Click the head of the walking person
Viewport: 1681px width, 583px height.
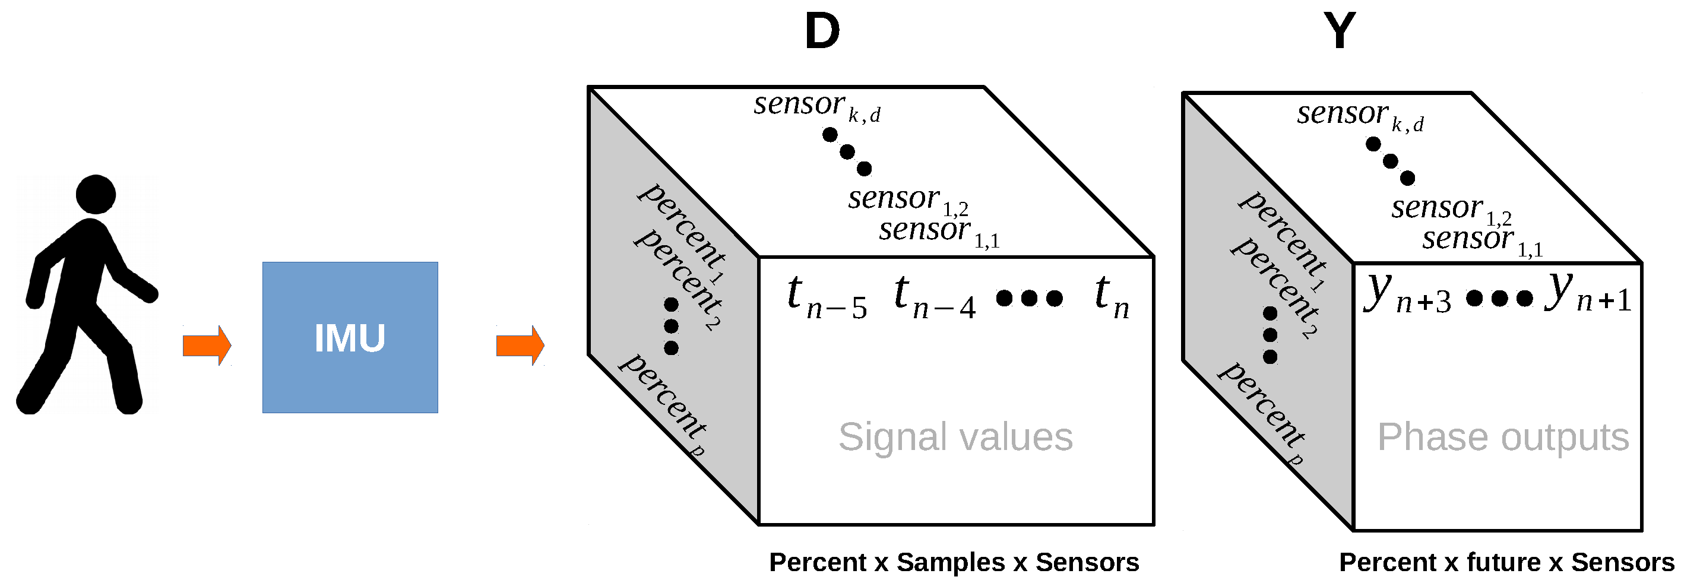96,194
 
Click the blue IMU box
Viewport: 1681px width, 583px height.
350,337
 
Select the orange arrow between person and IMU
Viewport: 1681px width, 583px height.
207,345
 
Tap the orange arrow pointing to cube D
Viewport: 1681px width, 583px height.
520,345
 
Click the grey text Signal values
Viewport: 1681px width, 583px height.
955,437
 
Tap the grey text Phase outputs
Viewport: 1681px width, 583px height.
1503,437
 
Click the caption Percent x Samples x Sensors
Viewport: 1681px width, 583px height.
954,562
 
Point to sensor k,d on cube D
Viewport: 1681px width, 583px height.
816,106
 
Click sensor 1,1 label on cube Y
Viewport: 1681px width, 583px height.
1482,240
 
